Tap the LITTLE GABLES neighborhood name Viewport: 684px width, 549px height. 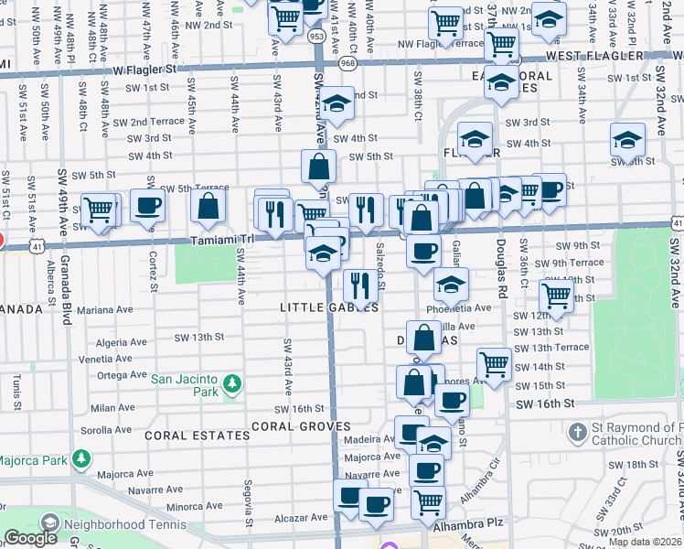pyautogui.click(x=329, y=308)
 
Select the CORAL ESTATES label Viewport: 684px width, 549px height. pyautogui.click(x=197, y=436)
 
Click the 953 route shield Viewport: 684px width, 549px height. pyautogui.click(x=317, y=37)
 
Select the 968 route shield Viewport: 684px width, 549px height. pyautogui.click(x=347, y=64)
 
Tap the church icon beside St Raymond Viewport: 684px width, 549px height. pyautogui.click(x=577, y=431)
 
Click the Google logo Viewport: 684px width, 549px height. pyautogui.click(x=30, y=538)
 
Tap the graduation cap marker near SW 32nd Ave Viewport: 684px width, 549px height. pyautogui.click(x=627, y=141)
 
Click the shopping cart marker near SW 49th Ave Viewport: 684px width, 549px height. pyautogui.click(x=100, y=210)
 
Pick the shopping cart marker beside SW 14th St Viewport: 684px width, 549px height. pyautogui.click(x=494, y=362)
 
